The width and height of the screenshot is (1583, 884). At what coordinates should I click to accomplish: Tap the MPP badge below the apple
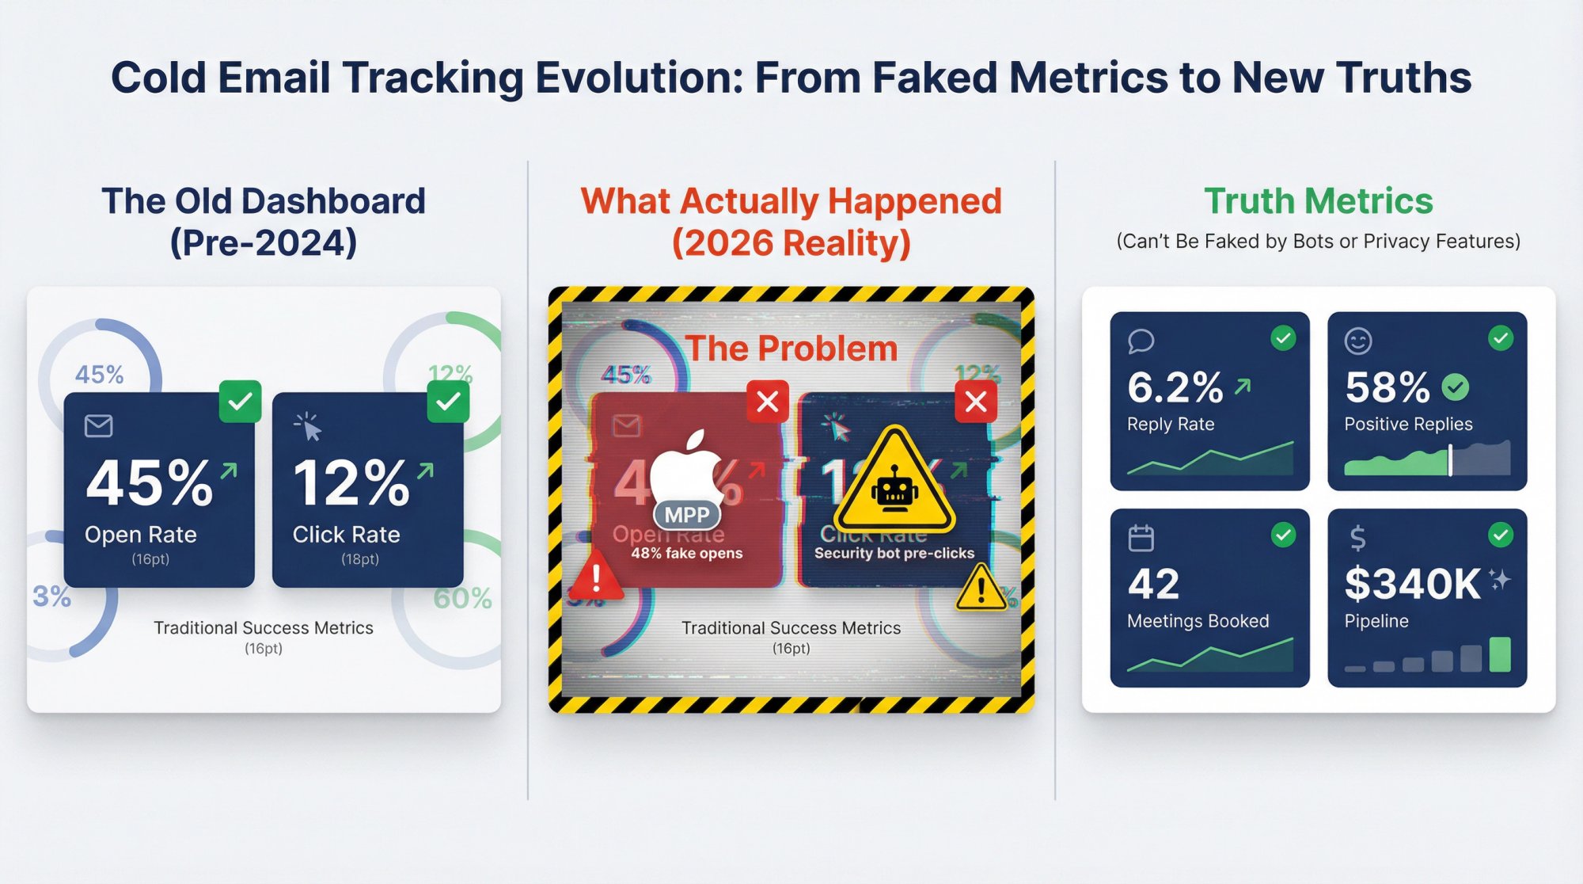(x=686, y=515)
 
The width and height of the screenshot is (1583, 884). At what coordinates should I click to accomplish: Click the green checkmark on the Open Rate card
(x=240, y=402)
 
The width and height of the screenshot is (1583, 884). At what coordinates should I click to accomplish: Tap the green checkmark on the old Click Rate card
(x=448, y=402)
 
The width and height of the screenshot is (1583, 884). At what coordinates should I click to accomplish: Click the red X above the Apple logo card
(x=767, y=402)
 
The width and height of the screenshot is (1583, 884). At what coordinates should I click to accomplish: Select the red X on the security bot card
(x=976, y=402)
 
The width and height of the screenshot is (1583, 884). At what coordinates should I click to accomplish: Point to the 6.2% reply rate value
(x=1175, y=387)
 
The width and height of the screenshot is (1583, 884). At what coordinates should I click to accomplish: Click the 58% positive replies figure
(x=1387, y=387)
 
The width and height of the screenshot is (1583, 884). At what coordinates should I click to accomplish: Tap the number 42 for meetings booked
(x=1154, y=585)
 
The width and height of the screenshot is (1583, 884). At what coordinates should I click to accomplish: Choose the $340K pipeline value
(x=1412, y=585)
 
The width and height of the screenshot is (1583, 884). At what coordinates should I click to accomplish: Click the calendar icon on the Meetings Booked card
(x=1141, y=539)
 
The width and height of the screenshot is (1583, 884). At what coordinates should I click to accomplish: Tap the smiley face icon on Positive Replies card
(x=1358, y=341)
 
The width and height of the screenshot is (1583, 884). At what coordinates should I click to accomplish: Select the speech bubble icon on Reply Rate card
(x=1141, y=341)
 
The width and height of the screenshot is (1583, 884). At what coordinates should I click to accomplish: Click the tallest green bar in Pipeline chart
(x=1499, y=654)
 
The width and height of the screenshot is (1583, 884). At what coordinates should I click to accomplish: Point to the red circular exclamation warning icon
(x=595, y=577)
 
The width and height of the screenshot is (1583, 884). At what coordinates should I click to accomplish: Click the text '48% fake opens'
(x=686, y=553)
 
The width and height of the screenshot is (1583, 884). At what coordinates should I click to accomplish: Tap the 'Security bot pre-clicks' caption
(x=894, y=553)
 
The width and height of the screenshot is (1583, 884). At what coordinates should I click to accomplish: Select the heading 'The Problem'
(x=791, y=349)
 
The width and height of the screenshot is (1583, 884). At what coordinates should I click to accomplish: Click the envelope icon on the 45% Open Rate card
(x=98, y=426)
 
